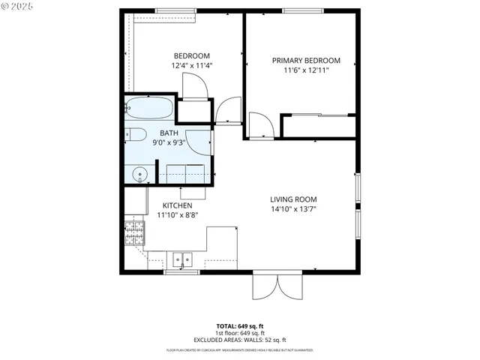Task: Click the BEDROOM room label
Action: (x=191, y=55)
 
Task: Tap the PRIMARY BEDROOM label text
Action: (x=306, y=61)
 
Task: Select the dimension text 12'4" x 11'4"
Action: (x=191, y=65)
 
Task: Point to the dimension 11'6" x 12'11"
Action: (x=306, y=70)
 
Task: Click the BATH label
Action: (x=169, y=133)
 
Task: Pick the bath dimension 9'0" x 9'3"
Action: (x=169, y=142)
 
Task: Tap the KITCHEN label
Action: (x=178, y=205)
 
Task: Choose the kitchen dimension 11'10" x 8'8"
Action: (x=178, y=214)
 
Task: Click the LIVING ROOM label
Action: (x=294, y=199)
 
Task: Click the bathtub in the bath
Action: (x=149, y=109)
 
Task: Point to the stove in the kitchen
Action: (x=135, y=234)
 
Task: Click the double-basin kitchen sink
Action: (x=181, y=260)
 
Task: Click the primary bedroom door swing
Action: (x=259, y=124)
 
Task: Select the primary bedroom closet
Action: (x=318, y=126)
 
